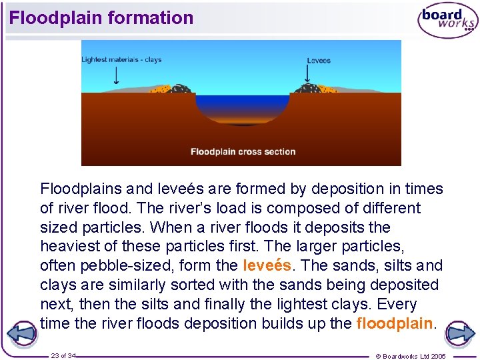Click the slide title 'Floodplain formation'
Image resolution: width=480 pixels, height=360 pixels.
(101, 18)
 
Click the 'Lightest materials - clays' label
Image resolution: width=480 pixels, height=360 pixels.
(121, 60)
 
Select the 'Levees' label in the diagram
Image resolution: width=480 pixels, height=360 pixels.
(319, 61)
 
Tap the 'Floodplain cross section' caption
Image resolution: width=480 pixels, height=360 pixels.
(243, 151)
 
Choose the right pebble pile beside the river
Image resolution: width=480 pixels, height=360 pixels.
(308, 88)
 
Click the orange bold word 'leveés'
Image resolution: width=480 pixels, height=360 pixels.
(267, 265)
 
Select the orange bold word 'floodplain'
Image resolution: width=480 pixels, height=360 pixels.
(395, 324)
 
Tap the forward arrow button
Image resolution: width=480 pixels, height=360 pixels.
(459, 333)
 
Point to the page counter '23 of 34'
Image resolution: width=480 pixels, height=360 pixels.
(63, 356)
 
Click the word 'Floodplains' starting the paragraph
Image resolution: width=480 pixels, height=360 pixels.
(78, 189)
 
